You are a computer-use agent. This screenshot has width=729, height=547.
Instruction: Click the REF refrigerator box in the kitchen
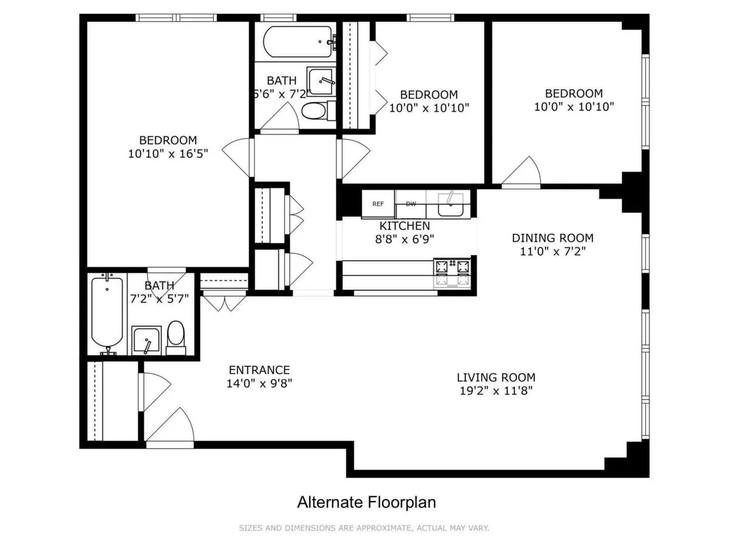tap(378, 204)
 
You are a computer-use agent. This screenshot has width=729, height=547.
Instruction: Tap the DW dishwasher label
tap(411, 204)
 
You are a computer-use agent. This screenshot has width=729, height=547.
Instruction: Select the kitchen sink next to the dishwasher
tap(451, 204)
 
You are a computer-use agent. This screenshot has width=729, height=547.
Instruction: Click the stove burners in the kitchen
tap(452, 266)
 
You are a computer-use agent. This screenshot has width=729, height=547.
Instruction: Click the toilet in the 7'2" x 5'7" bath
tap(176, 337)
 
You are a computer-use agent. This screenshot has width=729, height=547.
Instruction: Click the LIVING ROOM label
tap(496, 377)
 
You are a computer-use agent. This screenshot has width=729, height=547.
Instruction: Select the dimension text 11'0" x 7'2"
tap(552, 250)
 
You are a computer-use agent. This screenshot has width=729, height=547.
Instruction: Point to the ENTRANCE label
tap(259, 370)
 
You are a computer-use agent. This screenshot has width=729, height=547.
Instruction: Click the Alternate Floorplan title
tap(366, 503)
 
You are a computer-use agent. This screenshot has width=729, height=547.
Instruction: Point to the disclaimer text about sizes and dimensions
tap(364, 528)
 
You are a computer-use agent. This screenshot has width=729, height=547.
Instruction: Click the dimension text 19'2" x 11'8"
tap(496, 391)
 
